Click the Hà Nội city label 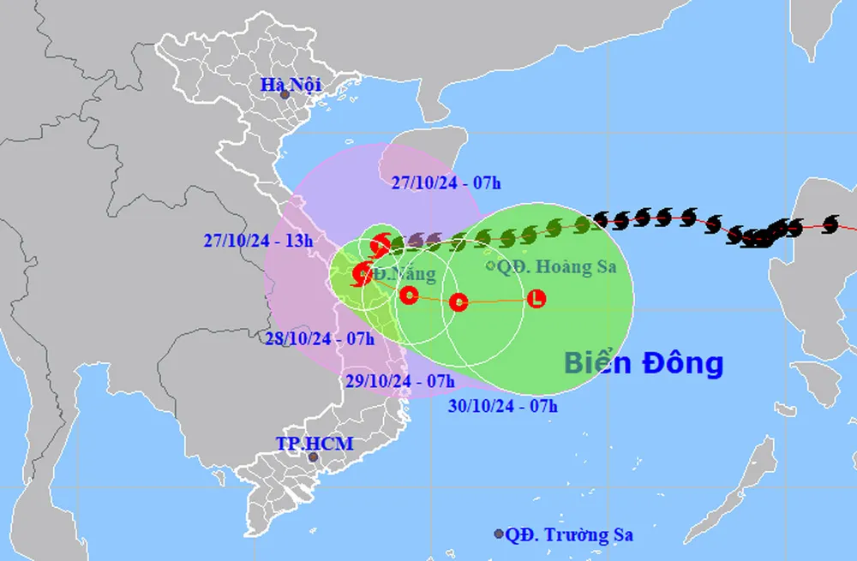point(291,84)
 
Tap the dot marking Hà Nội point(285,95)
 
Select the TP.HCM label point(314,444)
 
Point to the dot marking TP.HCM point(314,458)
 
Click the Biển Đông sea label point(644,363)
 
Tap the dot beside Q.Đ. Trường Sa point(499,534)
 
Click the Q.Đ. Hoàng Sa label point(556,267)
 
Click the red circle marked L point(536,299)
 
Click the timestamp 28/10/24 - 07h point(319,339)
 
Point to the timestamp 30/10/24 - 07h point(503,406)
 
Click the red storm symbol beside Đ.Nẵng point(362,275)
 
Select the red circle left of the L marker point(458,301)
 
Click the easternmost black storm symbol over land point(829,224)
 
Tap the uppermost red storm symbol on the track point(381,245)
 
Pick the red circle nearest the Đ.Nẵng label point(410,296)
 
